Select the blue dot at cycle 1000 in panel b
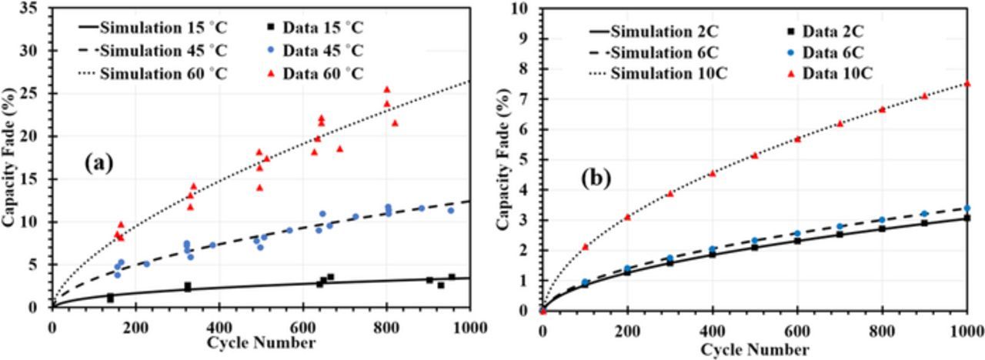click(967, 208)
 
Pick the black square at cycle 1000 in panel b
click(967, 218)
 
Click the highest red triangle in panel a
click(386, 89)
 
